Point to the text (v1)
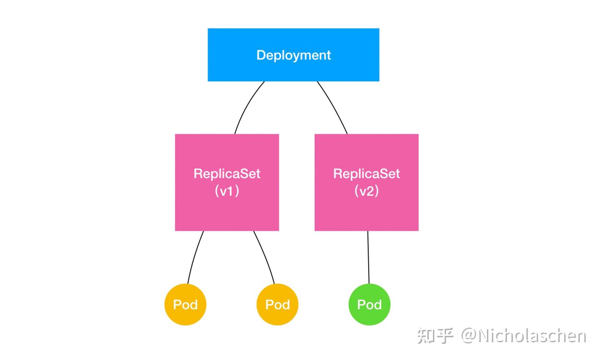tap(227, 191)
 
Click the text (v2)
tap(366, 191)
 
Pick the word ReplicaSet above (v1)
tap(227, 174)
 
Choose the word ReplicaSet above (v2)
tap(366, 174)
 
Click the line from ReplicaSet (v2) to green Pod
tap(368, 257)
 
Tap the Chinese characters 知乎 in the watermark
tap(435, 336)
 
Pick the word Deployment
tap(293, 55)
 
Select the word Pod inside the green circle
tap(369, 304)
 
